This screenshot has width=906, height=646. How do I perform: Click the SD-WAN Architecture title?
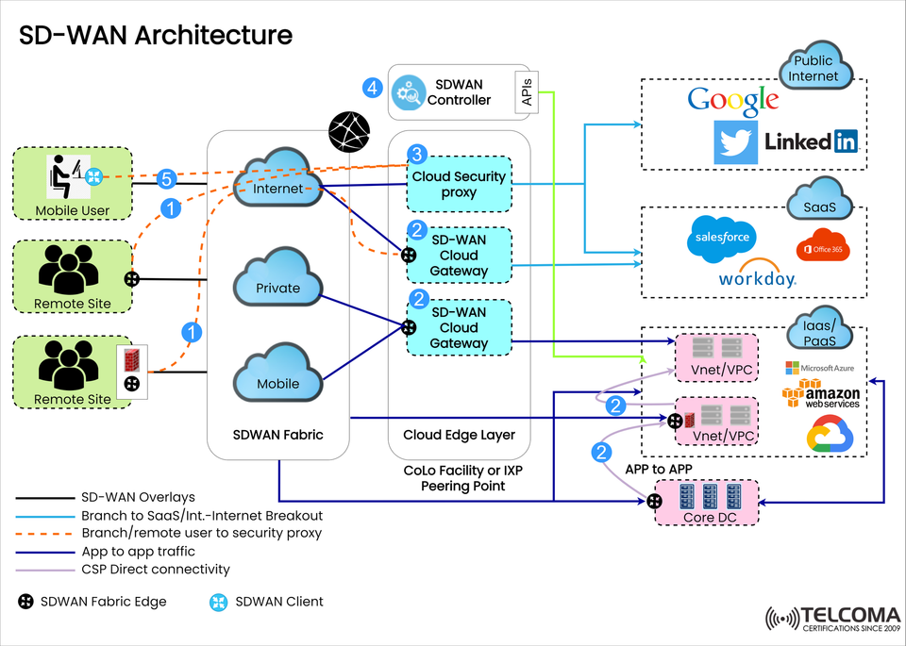[x=156, y=35]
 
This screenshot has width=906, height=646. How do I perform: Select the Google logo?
[x=733, y=100]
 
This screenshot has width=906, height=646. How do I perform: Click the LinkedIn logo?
[x=811, y=141]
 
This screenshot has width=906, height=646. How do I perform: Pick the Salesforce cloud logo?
[x=722, y=238]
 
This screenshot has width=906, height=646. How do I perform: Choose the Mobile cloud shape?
[x=278, y=378]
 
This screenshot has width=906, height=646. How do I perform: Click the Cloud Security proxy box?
[x=459, y=184]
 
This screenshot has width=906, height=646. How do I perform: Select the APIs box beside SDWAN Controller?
[x=526, y=92]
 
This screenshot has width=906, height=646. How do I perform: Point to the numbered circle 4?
[x=373, y=89]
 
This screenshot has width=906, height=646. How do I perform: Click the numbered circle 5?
[x=166, y=178]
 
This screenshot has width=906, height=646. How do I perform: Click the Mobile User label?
[x=73, y=210]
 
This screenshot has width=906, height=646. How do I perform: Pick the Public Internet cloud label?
[x=813, y=69]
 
